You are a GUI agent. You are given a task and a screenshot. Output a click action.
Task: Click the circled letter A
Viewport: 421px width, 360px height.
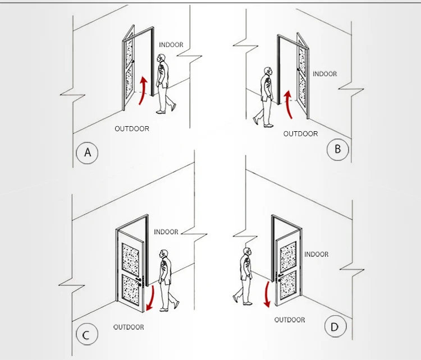pos(87,153)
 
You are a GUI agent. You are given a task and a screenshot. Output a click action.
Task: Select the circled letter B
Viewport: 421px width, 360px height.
pos(337,149)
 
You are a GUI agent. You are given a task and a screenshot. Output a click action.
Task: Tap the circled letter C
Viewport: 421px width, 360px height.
pos(86,334)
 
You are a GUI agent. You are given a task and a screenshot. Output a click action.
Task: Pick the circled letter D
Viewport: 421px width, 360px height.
pos(335,326)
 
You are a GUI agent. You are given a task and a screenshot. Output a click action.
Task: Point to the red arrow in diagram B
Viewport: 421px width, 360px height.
pos(288,104)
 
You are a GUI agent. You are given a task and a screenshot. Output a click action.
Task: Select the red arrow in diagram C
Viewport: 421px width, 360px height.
pos(151,298)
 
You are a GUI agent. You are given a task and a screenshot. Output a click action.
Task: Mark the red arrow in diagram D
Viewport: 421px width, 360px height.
pos(267,294)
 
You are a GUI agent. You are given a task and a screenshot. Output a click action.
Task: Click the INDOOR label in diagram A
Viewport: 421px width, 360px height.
pos(171,44)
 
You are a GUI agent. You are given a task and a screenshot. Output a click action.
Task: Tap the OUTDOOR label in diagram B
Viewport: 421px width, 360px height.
pos(300,133)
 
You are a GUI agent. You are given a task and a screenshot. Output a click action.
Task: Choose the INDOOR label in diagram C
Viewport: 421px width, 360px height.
pos(166,232)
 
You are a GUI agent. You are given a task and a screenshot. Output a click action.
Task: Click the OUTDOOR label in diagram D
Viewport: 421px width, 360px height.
pos(290,320)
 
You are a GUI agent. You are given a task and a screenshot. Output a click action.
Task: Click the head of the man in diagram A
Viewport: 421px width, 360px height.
pos(161,58)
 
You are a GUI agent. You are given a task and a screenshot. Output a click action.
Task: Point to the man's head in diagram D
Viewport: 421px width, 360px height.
pos(248,252)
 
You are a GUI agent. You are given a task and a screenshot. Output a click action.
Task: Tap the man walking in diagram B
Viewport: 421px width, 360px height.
pos(264,97)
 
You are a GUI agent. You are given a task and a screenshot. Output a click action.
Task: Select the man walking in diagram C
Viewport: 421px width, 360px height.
pos(167,280)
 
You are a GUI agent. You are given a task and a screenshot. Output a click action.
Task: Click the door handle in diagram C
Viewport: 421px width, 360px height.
pos(139,280)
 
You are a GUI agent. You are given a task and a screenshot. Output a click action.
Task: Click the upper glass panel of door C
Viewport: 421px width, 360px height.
pos(130,257)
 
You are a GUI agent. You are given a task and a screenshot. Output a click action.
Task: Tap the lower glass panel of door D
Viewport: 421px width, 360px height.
pos(288,285)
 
